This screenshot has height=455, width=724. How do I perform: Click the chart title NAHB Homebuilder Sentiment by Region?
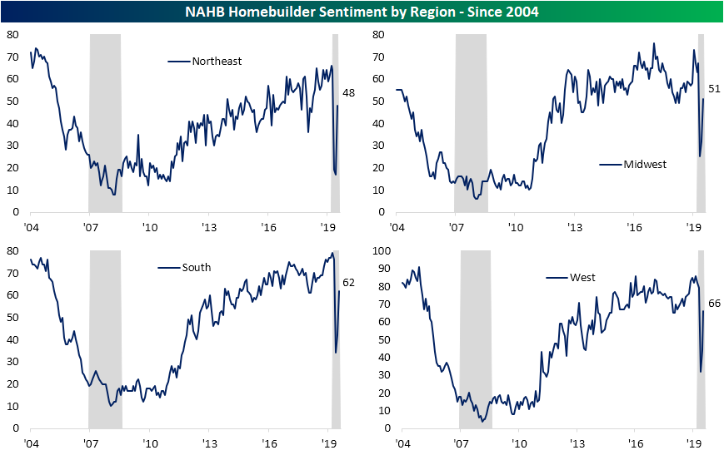point(362,11)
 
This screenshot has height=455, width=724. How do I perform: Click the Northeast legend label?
point(217,61)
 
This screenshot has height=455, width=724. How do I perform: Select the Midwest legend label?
point(645,164)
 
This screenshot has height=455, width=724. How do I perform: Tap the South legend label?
point(196,267)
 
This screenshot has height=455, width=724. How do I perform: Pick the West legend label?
point(582,277)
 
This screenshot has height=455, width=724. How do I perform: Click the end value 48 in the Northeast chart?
point(348,93)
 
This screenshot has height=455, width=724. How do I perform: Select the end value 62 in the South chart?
point(348,283)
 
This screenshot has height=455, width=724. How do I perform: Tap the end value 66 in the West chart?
point(714,304)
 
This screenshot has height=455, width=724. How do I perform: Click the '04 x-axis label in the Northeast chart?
point(31,226)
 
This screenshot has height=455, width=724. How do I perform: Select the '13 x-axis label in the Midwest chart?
point(574,226)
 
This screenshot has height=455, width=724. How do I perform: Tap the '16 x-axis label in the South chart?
point(269,442)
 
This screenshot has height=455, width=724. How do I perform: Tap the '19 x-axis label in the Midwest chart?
point(693,226)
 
